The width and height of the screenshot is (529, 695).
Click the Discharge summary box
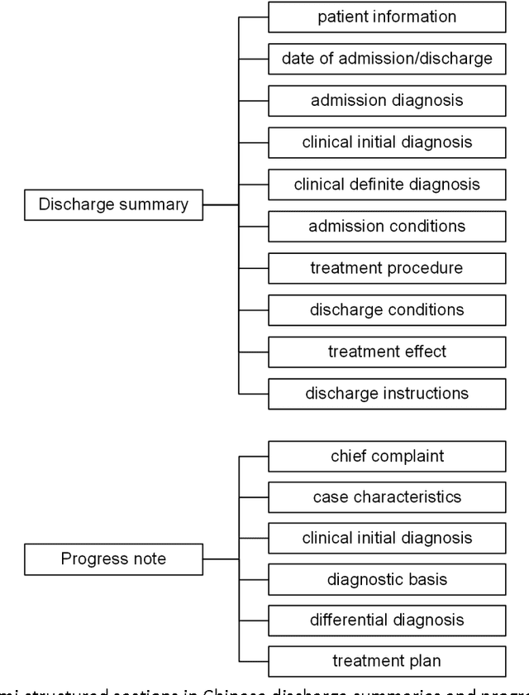pyautogui.click(x=113, y=204)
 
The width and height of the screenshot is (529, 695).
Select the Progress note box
pyautogui.click(x=113, y=558)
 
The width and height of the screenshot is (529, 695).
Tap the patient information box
pyautogui.click(x=387, y=17)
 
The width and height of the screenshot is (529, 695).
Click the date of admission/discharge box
pyautogui.click(x=387, y=59)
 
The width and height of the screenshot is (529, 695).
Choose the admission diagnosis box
pyautogui.click(x=387, y=101)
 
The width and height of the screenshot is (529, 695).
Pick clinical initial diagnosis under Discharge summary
pyautogui.click(x=387, y=142)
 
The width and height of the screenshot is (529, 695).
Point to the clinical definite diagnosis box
pyautogui.click(x=387, y=184)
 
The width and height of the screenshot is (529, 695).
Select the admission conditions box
pyautogui.click(x=387, y=226)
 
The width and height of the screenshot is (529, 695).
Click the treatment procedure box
pyautogui.click(x=387, y=268)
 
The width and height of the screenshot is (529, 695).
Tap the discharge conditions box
pyautogui.click(x=387, y=310)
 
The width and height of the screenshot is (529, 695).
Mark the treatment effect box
pyautogui.click(x=387, y=352)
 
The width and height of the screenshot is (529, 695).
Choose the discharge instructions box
pyautogui.click(x=387, y=394)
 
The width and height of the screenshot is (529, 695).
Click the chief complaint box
pyautogui.click(x=387, y=456)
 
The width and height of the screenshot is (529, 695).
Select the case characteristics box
pyautogui.click(x=387, y=497)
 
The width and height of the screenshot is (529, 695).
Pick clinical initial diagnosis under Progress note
pyautogui.click(x=387, y=538)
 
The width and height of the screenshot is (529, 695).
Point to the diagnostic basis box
pyautogui.click(x=387, y=579)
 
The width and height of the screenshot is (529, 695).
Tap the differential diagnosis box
pyautogui.click(x=387, y=620)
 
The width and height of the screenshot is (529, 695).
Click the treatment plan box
pyautogui.click(x=387, y=661)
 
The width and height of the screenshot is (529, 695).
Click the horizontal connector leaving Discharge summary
pyautogui.click(x=221, y=204)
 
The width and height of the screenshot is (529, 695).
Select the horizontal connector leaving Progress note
pyautogui.click(x=221, y=558)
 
